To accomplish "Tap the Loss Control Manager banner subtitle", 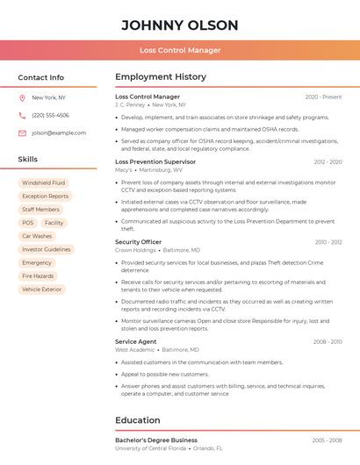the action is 180,50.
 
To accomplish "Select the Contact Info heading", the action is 41,77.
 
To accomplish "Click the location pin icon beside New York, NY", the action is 22,97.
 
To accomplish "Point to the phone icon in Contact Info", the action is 22,115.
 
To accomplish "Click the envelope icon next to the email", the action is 22,132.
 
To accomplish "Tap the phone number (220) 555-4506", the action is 50,115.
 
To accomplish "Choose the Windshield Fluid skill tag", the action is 44,182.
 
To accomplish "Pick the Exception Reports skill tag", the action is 45,197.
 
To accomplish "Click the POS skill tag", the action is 28,223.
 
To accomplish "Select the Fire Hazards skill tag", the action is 38,275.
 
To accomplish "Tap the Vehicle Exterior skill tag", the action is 42,289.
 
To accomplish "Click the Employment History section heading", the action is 161,77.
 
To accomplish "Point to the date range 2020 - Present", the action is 323,97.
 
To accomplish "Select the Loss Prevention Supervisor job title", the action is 155,161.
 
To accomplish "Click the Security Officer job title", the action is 139,241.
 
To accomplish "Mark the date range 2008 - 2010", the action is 327,341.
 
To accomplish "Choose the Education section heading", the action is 138,420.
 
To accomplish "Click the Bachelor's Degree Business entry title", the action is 156,440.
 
